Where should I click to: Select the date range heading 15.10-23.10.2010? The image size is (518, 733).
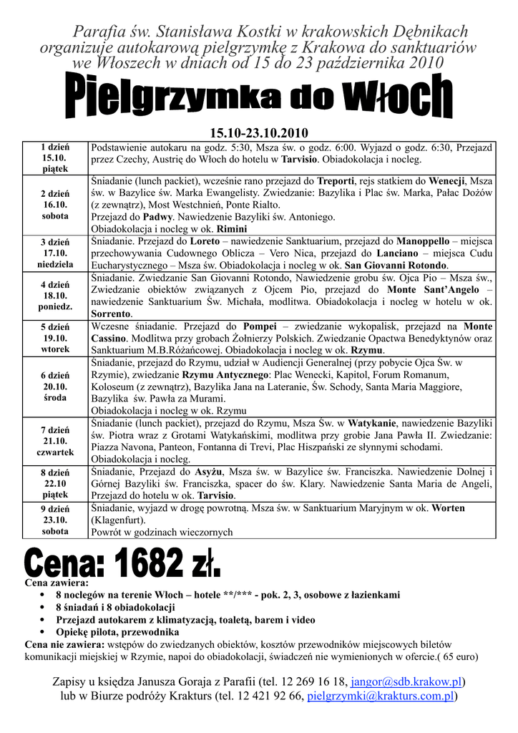(258, 133)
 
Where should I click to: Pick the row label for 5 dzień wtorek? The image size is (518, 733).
(54, 338)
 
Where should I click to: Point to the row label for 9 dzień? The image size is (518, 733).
(54, 520)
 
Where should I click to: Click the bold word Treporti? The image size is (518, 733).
(336, 180)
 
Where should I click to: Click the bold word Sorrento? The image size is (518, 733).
(111, 314)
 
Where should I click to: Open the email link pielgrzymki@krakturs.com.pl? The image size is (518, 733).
(381, 696)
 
